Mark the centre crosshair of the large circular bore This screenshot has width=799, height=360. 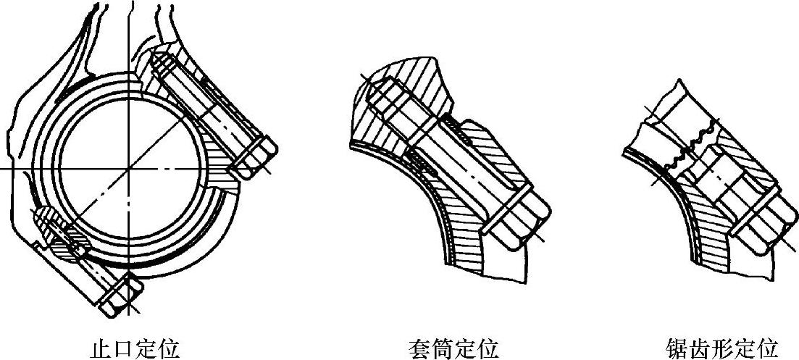tap(128, 168)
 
